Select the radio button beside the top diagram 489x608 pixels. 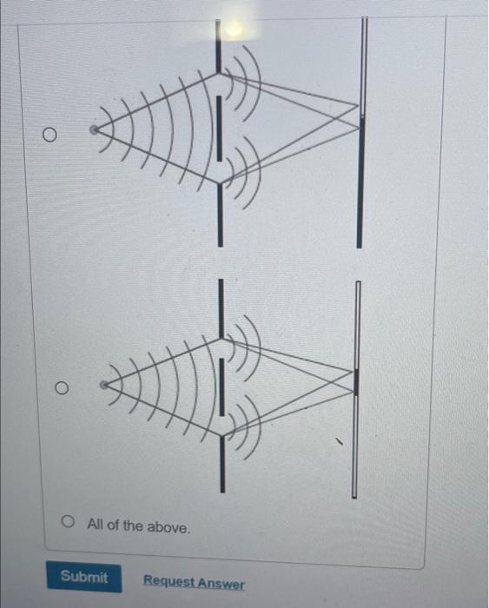pos(50,135)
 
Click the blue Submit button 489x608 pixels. pos(83,577)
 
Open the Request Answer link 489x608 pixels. pos(194,583)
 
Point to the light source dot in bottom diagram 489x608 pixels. pos(103,384)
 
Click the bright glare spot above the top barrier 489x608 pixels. pos(233,29)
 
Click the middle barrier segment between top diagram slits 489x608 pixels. pos(220,130)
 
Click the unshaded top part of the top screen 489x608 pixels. pos(364,61)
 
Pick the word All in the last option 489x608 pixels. pos(96,526)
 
